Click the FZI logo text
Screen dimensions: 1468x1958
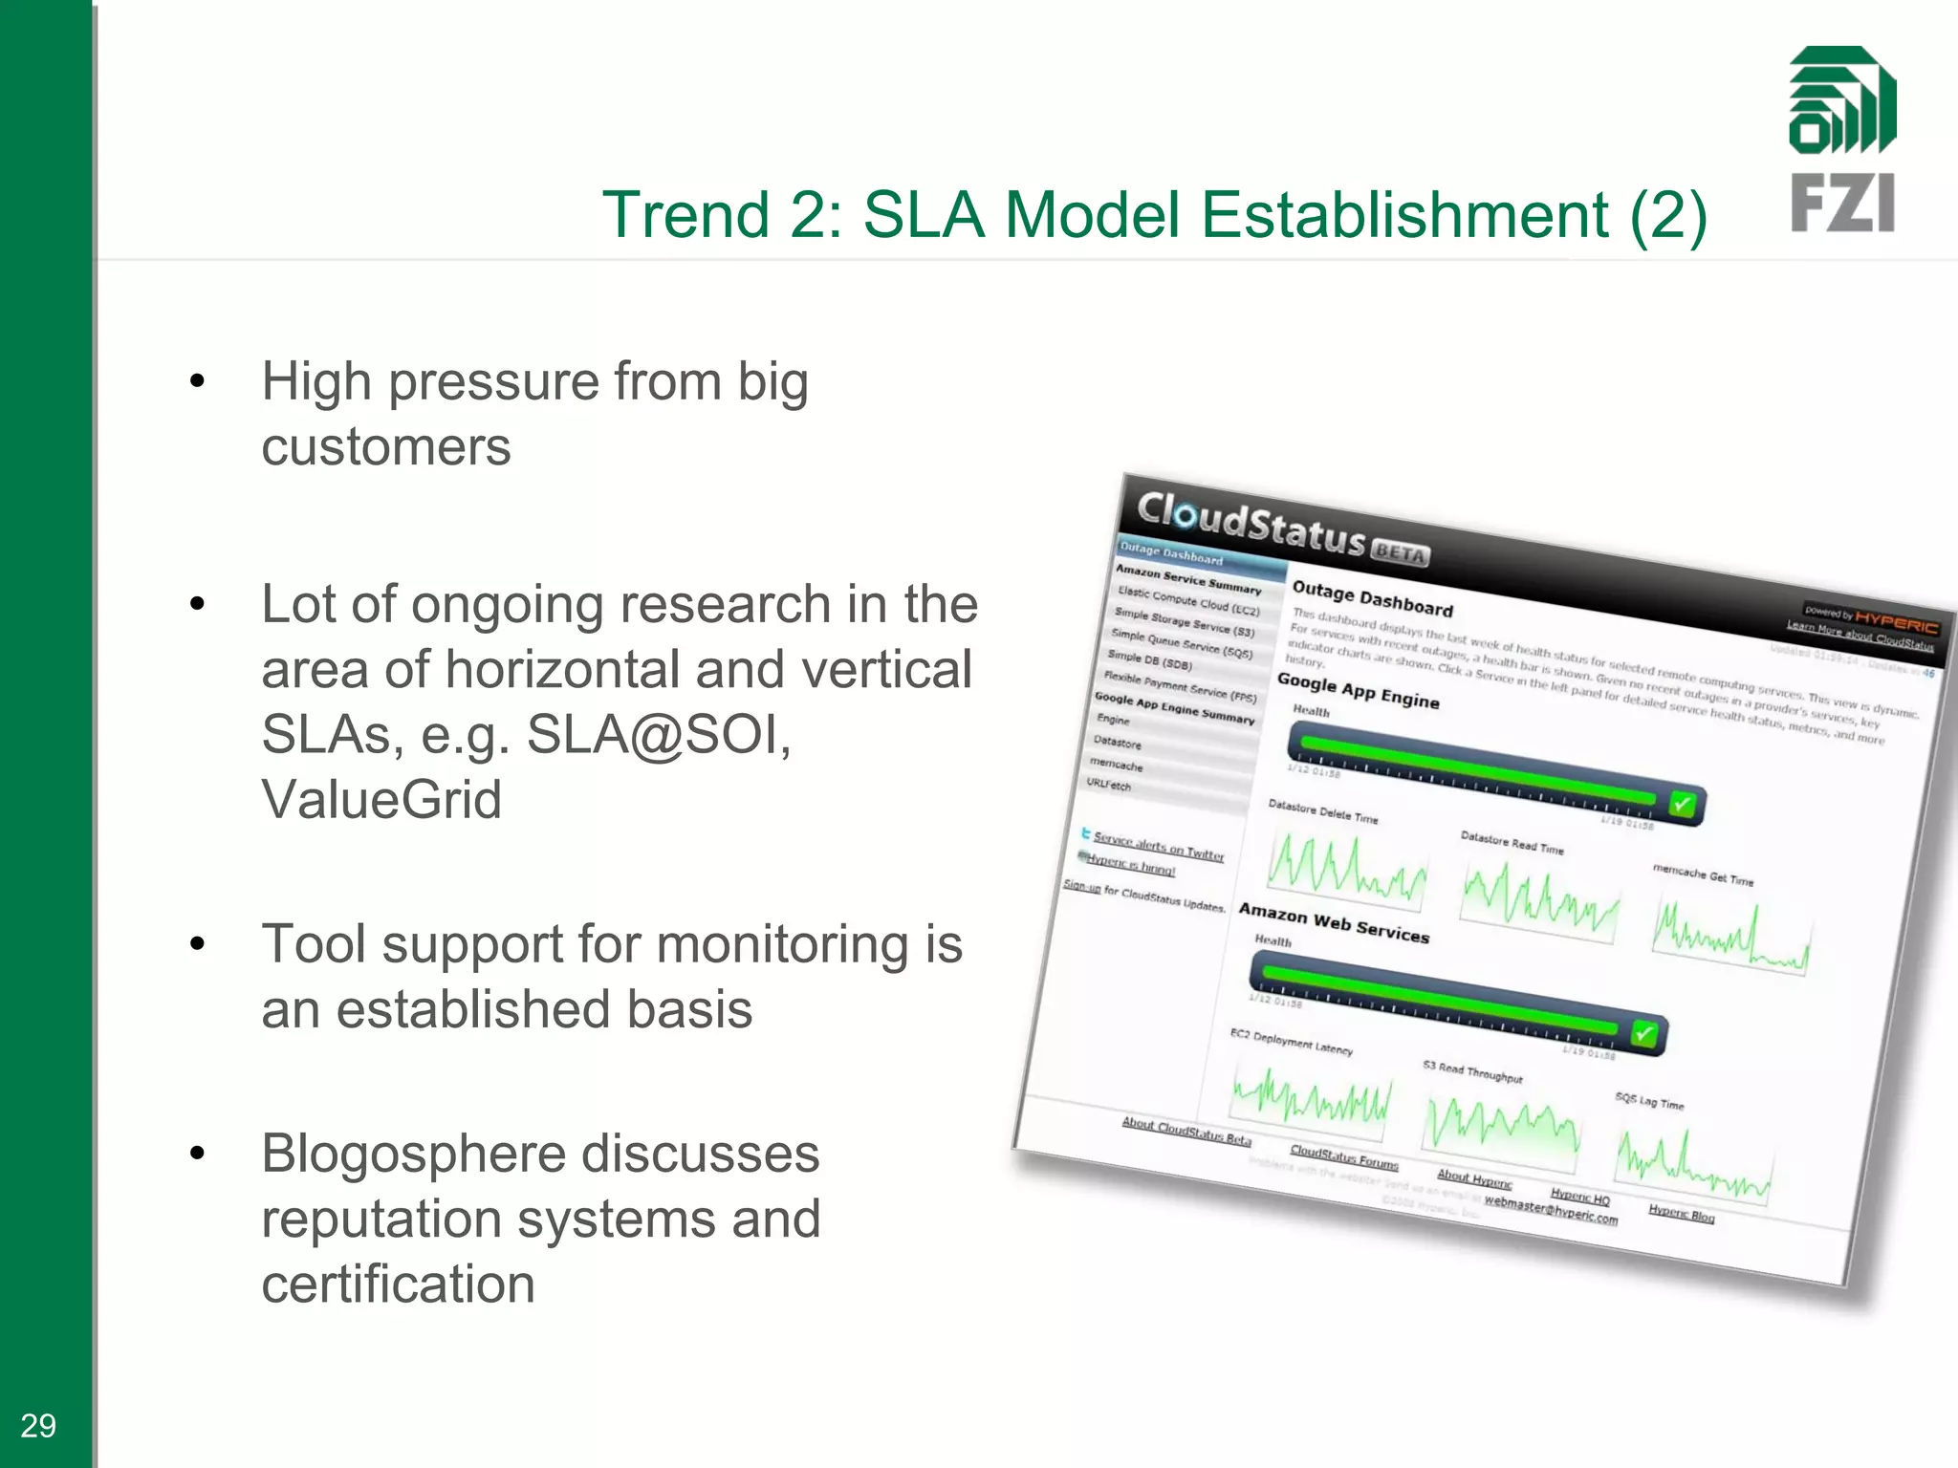pos(1841,204)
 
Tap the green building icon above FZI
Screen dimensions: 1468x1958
pos(1841,100)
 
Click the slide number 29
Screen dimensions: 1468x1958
pos(38,1426)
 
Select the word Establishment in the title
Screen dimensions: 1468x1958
pos(1404,214)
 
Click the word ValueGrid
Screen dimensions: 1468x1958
pos(381,799)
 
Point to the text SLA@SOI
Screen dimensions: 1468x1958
pos(659,734)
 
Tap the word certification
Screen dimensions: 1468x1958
pos(398,1283)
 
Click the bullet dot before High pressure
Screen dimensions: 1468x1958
pos(197,381)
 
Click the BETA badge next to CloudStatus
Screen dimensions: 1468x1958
pos(1400,553)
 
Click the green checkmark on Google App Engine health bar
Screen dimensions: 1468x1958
pos(1681,805)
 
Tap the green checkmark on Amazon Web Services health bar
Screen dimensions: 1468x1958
pos(1643,1034)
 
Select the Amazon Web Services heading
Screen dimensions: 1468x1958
pos(1334,923)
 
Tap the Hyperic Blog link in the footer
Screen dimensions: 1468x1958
pos(1681,1215)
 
